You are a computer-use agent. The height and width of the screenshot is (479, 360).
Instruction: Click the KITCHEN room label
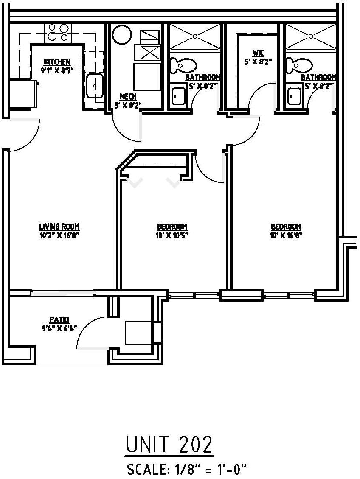tap(57, 62)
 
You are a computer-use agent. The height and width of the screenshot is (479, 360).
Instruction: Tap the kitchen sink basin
tap(94, 86)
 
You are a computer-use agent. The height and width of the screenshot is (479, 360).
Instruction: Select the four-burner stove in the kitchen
tap(58, 33)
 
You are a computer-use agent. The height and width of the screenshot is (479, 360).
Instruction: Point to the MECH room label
tap(128, 97)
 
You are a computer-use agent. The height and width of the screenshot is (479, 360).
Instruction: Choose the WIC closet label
tap(258, 53)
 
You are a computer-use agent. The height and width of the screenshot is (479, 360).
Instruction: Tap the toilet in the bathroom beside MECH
tap(183, 65)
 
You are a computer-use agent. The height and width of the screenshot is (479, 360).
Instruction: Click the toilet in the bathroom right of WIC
tap(299, 65)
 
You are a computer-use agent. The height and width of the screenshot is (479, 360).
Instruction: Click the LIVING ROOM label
tap(59, 227)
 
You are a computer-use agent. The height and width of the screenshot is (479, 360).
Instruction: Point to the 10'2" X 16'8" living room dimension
tap(59, 234)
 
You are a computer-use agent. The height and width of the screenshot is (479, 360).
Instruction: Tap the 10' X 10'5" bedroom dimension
tap(172, 234)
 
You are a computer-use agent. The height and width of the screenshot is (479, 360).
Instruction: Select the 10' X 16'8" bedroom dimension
tap(286, 234)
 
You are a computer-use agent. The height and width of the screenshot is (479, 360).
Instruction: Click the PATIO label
tap(59, 320)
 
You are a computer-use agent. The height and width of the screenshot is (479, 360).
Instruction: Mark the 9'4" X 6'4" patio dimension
tap(59, 328)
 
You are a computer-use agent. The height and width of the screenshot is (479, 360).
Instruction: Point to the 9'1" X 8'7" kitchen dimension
tap(57, 70)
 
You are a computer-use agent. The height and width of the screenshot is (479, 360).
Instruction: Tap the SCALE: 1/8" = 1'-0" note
tap(186, 470)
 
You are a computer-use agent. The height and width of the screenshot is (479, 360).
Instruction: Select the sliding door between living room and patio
tap(63, 291)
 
